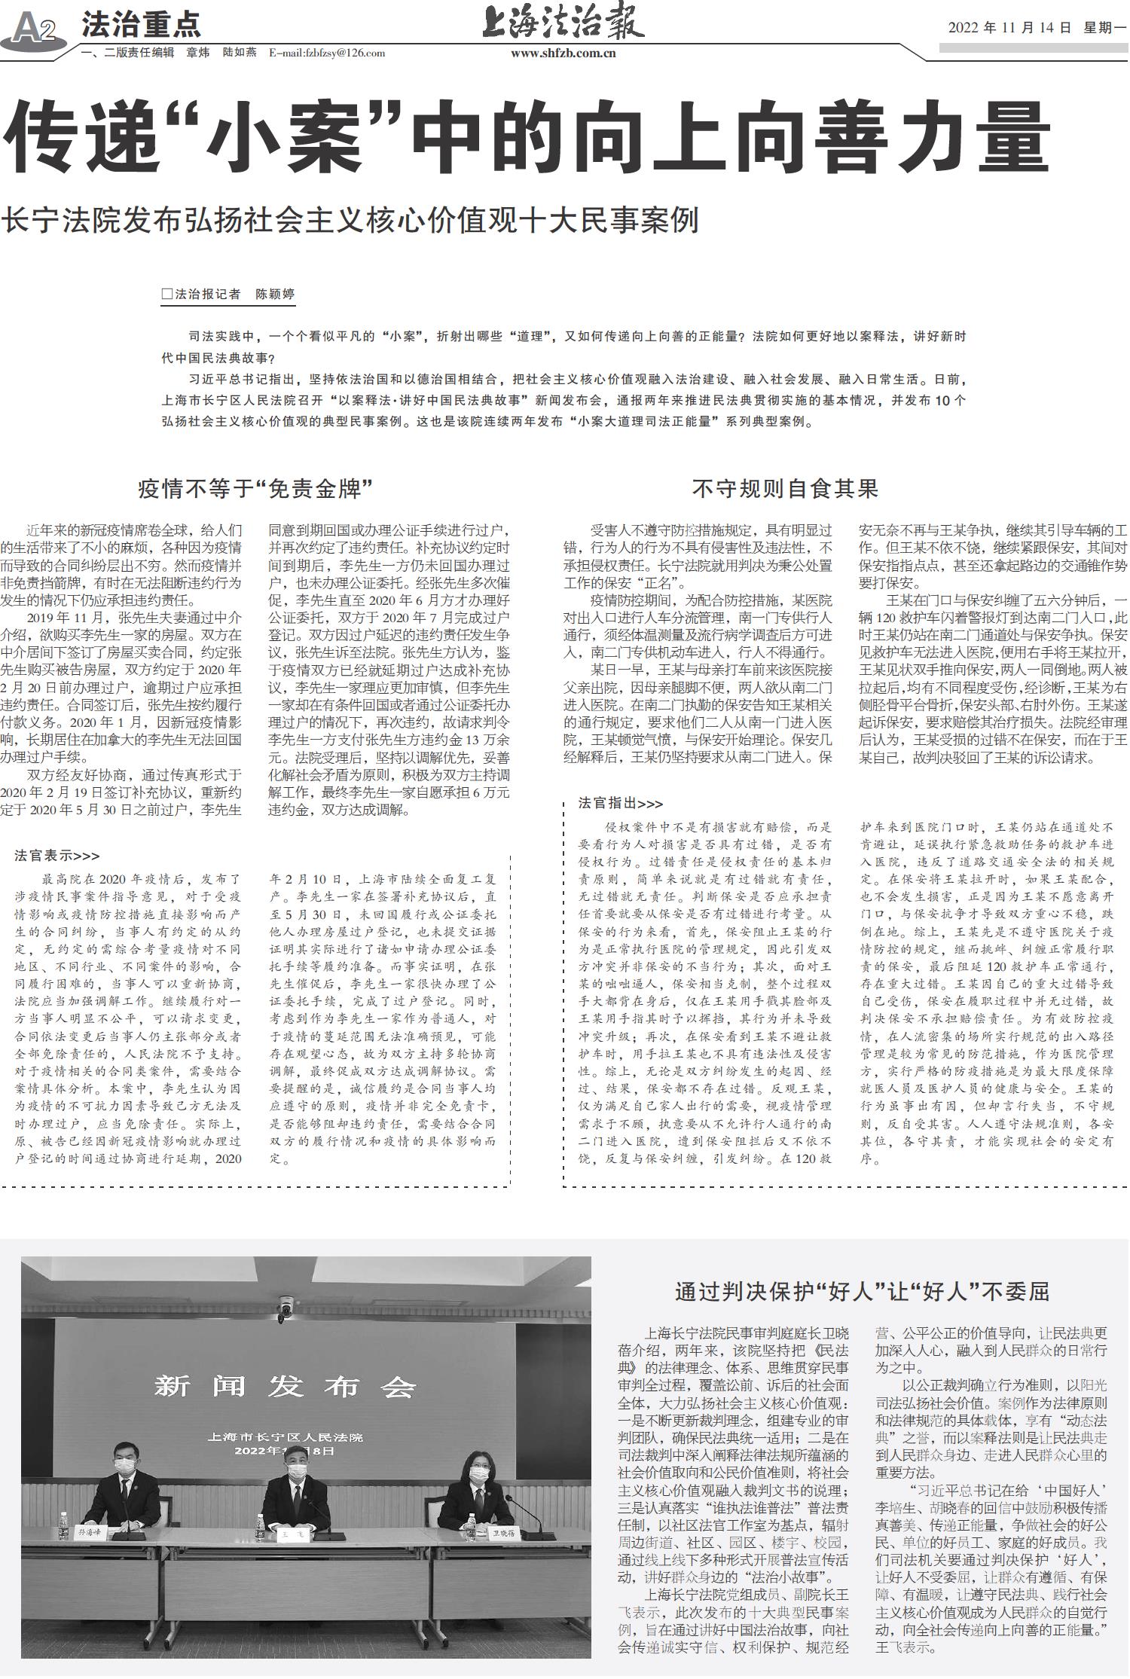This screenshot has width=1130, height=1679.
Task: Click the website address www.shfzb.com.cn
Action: coord(563,53)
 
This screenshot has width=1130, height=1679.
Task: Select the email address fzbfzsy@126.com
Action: coord(327,53)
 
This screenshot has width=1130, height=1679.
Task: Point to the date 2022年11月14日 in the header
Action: coord(1009,28)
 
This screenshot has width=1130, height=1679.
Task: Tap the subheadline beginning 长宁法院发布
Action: coord(351,220)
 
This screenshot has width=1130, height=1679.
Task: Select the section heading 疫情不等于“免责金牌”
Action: coord(256,490)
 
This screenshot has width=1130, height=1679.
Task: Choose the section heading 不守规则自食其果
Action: coord(786,490)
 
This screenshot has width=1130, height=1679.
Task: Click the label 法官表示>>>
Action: coord(57,856)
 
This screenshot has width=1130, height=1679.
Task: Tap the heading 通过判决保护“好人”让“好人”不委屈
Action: coord(862,1292)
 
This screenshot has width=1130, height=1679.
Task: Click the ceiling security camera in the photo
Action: coord(286,1308)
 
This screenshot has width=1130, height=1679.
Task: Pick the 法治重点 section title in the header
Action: coord(141,25)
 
